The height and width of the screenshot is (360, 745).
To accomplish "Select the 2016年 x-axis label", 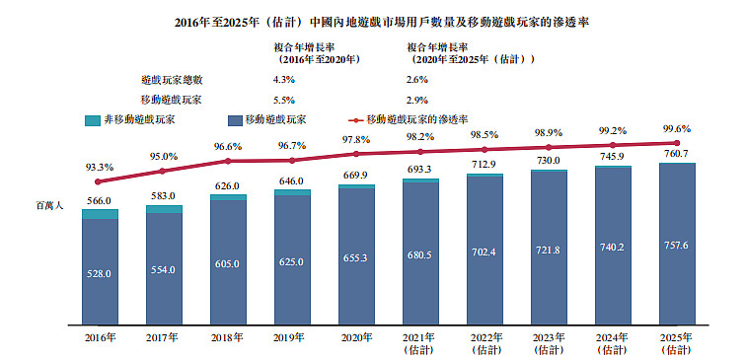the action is coord(101,338).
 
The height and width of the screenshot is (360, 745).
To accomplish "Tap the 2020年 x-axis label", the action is coord(356,338).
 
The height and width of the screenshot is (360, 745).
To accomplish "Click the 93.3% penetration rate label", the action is coord(100,167).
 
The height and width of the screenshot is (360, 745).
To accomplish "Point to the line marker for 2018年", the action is coord(228,161).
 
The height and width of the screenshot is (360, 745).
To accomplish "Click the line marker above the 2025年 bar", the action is coord(677,142).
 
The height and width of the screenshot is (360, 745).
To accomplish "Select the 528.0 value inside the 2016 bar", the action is coord(100,273).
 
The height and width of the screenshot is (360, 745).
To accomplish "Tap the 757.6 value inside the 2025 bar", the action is coord(677,245).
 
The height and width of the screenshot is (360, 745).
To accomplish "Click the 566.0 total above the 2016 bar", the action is coord(100,201).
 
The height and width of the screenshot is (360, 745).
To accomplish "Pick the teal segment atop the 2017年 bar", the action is coord(164,209).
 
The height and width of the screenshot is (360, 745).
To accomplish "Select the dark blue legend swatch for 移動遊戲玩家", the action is coord(235,119).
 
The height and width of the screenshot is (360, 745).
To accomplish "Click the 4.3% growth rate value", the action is coord(284,80).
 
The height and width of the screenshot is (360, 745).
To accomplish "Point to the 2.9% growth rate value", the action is coord(417,101).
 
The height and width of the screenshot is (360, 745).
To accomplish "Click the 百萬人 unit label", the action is coord(50,206).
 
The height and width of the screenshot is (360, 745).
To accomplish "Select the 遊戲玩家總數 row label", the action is coord(172,80).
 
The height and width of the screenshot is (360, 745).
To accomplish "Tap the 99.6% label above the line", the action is coord(677,128).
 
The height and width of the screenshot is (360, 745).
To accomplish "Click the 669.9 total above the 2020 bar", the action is coord(356,176).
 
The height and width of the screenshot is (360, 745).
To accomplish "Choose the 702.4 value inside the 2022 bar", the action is coord(484,252).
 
